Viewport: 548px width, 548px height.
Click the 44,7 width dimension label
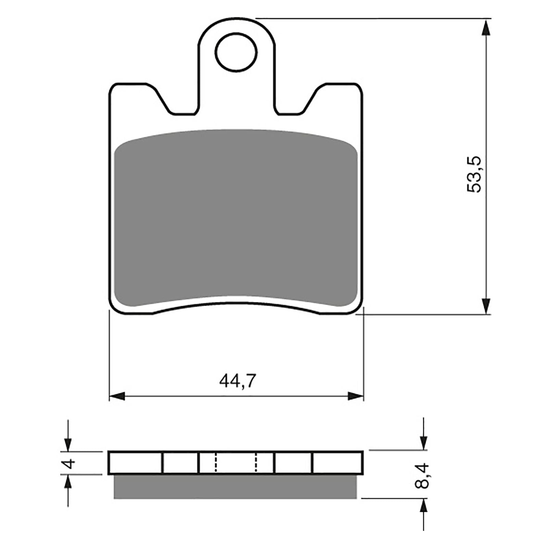click(x=238, y=381)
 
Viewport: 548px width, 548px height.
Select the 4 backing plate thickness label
click(x=70, y=463)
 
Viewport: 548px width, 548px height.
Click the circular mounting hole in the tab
click(x=236, y=52)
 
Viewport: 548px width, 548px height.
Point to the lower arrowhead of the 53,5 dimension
click(x=486, y=306)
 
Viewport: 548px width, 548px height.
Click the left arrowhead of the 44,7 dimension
click(x=116, y=397)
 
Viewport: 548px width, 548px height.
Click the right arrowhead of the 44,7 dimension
click(x=356, y=397)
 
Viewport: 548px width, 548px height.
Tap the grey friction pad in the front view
click(x=236, y=219)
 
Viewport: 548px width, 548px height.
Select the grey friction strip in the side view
click(x=235, y=487)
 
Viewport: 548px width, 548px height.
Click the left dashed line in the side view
click(x=216, y=463)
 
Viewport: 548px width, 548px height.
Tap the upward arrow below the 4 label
click(x=69, y=483)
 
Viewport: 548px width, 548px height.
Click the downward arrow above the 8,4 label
click(x=424, y=442)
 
